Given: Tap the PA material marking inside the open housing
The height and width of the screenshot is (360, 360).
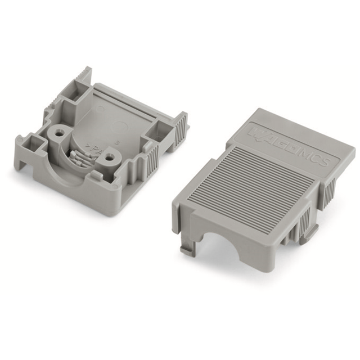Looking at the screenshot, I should (94, 150).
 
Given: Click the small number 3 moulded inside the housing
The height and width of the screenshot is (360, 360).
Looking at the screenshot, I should (116, 142).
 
